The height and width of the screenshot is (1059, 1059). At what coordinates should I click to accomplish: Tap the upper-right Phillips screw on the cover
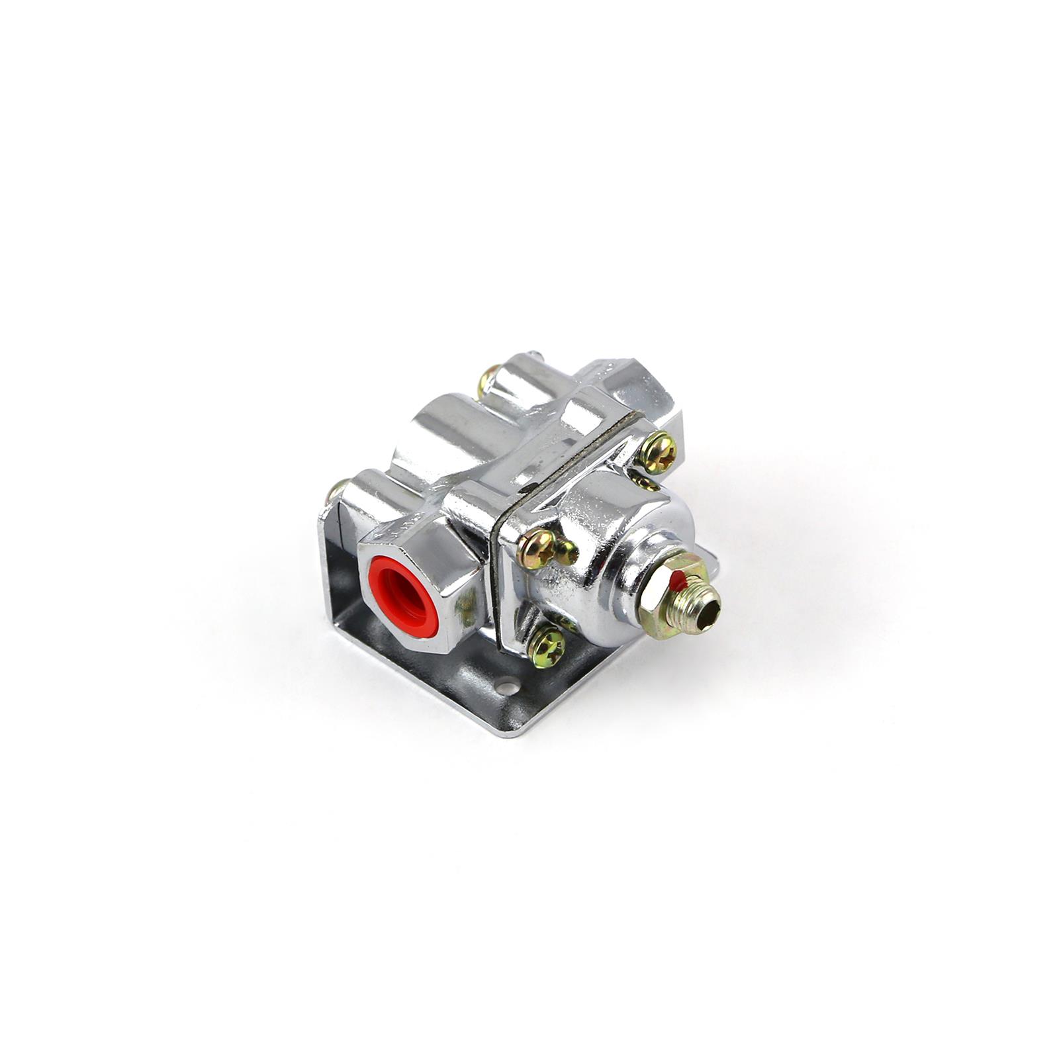click(658, 452)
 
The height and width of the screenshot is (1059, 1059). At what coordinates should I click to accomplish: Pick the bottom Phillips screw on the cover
click(547, 646)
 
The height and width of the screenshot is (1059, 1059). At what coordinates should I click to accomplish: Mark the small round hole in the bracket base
click(506, 688)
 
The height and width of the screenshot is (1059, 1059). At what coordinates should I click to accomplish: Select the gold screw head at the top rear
click(488, 380)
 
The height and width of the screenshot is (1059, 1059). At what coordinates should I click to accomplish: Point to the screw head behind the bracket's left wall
click(336, 491)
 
